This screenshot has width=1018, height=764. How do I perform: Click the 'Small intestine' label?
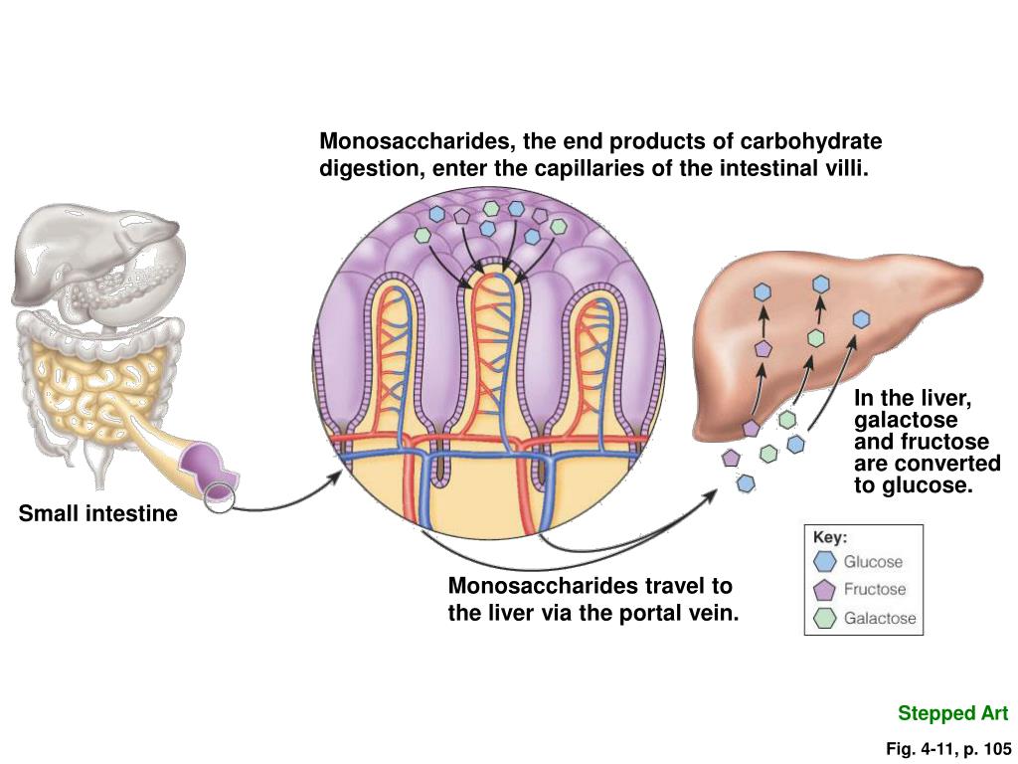coord(97,514)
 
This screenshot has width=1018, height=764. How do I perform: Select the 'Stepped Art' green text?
coord(952,713)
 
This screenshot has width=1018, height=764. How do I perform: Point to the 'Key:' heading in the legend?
coord(830,537)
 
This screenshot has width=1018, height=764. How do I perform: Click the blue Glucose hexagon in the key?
coord(825,562)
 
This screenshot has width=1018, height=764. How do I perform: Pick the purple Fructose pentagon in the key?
coord(825,590)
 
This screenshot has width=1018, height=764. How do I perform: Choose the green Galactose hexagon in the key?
coord(825,618)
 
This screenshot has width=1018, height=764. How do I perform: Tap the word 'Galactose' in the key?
coord(880,619)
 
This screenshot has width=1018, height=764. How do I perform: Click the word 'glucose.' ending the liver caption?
coord(912,485)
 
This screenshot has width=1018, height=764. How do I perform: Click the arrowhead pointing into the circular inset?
coord(336,477)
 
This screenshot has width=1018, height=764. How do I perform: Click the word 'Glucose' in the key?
coord(873,562)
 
